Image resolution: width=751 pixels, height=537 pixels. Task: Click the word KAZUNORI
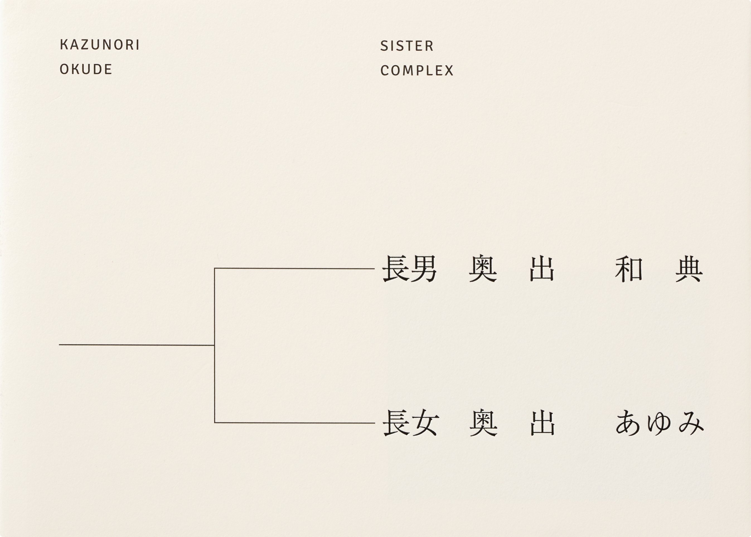(100, 45)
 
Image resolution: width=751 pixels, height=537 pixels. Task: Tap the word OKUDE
(86, 69)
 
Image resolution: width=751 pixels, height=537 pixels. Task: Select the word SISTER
(407, 46)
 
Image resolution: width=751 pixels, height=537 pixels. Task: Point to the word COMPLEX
(417, 70)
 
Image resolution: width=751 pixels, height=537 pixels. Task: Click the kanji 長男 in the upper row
(410, 269)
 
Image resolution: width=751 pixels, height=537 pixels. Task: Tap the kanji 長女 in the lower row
(411, 423)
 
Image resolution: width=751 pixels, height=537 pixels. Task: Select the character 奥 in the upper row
(483, 269)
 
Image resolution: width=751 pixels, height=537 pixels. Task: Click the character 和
(629, 269)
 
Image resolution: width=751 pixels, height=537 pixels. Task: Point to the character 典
(689, 269)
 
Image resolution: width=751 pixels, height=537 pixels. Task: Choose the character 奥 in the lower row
(483, 423)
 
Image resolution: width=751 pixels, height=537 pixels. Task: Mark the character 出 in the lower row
(542, 423)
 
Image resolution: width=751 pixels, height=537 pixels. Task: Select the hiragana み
(691, 423)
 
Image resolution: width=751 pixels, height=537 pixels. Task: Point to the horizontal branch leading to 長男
(295, 268)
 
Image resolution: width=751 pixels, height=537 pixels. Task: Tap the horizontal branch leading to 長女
(295, 423)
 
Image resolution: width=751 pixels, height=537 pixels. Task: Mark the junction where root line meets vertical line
(214, 345)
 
